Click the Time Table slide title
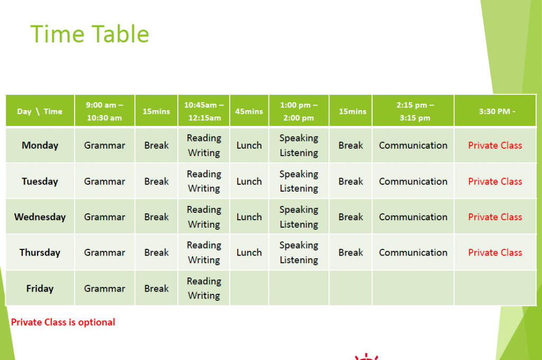tap(89, 34)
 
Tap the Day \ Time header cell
tap(40, 111)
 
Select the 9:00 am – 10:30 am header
tap(104, 111)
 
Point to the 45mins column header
tap(249, 111)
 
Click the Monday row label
tap(40, 145)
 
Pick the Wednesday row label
tap(40, 217)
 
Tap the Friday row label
tap(40, 289)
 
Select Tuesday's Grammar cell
tap(104, 181)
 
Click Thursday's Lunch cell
tap(249, 253)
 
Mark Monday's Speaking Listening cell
tap(299, 145)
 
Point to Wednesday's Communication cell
tap(413, 217)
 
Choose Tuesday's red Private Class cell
tap(495, 181)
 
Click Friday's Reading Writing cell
tap(204, 289)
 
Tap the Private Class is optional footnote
tap(63, 322)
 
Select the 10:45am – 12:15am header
tap(204, 111)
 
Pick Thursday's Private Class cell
tap(495, 253)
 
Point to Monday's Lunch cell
tap(249, 145)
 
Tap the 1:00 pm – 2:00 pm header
tap(299, 111)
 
